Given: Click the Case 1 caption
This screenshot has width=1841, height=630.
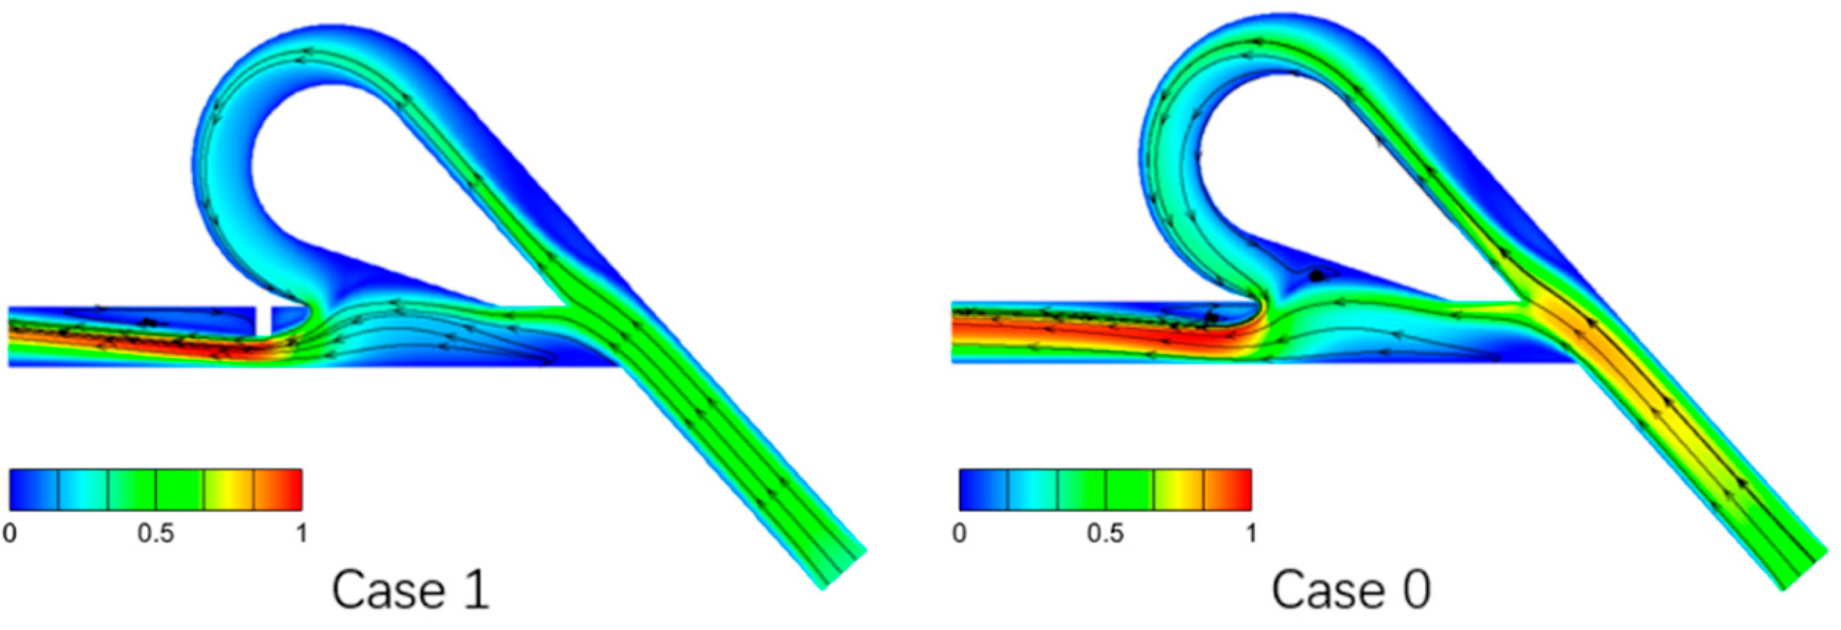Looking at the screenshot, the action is [x=411, y=590].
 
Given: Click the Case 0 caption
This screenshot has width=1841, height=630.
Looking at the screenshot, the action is [x=1351, y=590].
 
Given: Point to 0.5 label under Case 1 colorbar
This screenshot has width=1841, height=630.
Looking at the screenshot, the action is [x=156, y=533].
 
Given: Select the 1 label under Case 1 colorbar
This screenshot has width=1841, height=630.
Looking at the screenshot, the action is [x=301, y=533].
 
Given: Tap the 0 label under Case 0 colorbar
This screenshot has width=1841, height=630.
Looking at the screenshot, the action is [x=959, y=533].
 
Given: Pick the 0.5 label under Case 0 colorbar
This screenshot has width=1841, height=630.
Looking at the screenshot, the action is [x=1106, y=533].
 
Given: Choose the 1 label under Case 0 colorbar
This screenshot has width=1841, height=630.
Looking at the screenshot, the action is [x=1251, y=533].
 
